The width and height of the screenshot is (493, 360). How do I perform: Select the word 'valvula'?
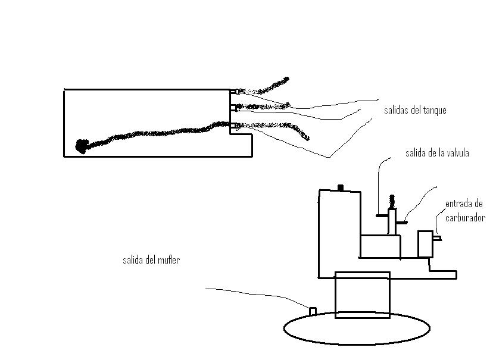tap(456, 154)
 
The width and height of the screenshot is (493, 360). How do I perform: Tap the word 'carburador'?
tap(466, 218)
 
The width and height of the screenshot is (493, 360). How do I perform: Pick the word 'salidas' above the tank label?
tap(397, 111)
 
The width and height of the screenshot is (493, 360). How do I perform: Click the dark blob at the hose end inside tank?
tap(82, 145)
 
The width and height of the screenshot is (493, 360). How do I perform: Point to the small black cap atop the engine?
tap(341, 188)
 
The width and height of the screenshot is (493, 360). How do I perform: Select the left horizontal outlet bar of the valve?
tap(382, 215)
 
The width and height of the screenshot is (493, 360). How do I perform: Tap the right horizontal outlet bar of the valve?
tap(401, 222)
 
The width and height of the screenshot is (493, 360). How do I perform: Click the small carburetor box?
tap(425, 244)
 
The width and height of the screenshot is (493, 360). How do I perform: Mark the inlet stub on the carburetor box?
tap(436, 239)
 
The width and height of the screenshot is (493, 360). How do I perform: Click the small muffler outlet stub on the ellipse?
tap(312, 311)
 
